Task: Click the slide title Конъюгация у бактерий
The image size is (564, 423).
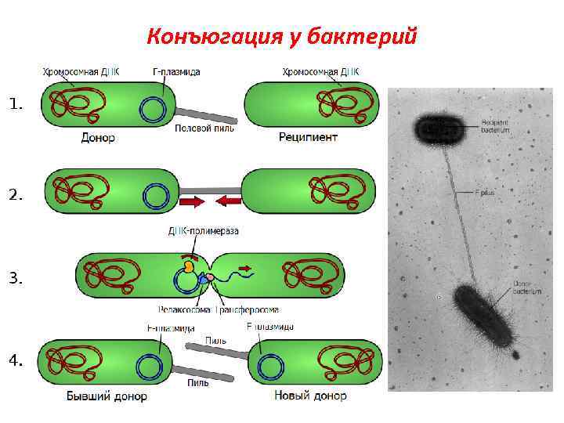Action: coord(282,36)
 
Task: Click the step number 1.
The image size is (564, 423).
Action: coord(16,103)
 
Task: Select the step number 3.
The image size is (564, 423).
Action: coord(16,278)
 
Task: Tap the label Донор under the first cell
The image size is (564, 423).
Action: coord(98,138)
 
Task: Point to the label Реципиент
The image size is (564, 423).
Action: coord(308,138)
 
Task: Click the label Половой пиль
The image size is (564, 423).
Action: coord(201,128)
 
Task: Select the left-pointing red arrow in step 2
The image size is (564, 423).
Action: coord(228,202)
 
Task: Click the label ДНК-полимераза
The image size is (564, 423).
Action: coord(203,230)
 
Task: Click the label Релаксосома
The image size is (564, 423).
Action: coord(182,309)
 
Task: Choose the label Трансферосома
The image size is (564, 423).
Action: coord(248,309)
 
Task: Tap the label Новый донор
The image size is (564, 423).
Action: coord(310,396)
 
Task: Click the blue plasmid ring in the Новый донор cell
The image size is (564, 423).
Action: coord(272,365)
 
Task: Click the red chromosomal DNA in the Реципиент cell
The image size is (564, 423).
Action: coord(337,104)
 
